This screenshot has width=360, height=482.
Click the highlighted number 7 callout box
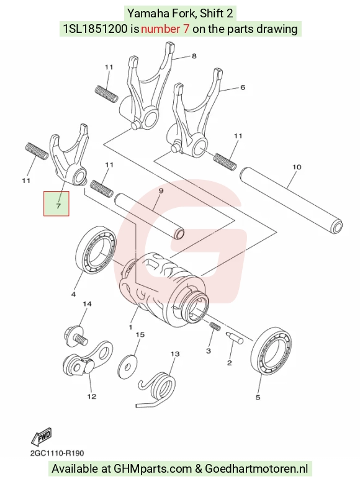click(56, 203)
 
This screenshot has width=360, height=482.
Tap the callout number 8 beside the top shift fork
click(194, 56)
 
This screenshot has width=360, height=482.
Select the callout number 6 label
click(243, 87)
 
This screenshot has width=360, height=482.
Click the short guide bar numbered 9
click(150, 215)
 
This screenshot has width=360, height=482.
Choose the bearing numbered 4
click(96, 249)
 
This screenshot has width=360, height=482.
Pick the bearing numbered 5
click(271, 351)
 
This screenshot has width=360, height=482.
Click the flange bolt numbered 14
click(76, 336)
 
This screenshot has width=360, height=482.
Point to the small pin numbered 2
click(235, 337)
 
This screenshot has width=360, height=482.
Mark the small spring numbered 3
click(215, 326)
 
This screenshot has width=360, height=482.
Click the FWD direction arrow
click(41, 437)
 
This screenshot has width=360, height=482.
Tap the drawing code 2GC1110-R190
click(57, 453)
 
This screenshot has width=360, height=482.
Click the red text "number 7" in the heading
click(165, 29)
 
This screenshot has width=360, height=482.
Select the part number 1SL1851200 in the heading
click(95, 29)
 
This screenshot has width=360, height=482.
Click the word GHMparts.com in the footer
click(153, 469)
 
